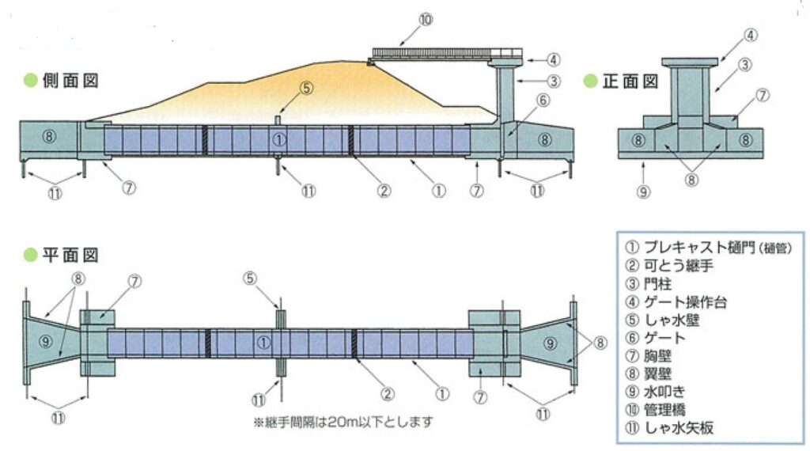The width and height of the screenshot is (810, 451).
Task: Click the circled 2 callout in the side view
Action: pos(384,190)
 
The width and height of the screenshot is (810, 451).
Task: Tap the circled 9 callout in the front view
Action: pos(644,191)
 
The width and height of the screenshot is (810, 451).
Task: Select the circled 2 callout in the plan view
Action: pos(388,392)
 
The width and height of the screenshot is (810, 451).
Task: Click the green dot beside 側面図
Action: pos(28,80)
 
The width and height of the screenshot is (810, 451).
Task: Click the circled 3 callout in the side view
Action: pos(554,80)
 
